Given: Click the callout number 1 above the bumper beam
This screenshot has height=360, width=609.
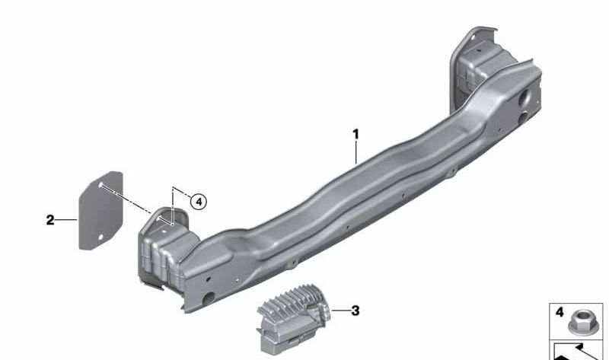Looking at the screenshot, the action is [356, 135].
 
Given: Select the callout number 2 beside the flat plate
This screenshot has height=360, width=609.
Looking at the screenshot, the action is [50, 220].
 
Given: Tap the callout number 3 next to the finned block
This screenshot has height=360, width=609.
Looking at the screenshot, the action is [356, 311].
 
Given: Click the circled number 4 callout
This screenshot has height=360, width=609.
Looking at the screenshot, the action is [199, 202].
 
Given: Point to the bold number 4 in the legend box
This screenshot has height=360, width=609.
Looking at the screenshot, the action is [560, 312].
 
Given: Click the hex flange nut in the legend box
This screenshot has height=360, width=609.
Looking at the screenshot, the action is [580, 323].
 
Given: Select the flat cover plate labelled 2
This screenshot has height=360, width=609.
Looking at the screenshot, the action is [101, 211].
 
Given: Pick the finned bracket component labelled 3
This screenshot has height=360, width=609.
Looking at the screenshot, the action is [293, 319].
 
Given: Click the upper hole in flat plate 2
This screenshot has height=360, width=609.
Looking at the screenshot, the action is [100, 185].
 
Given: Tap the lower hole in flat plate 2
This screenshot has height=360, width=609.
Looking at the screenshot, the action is [100, 237].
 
